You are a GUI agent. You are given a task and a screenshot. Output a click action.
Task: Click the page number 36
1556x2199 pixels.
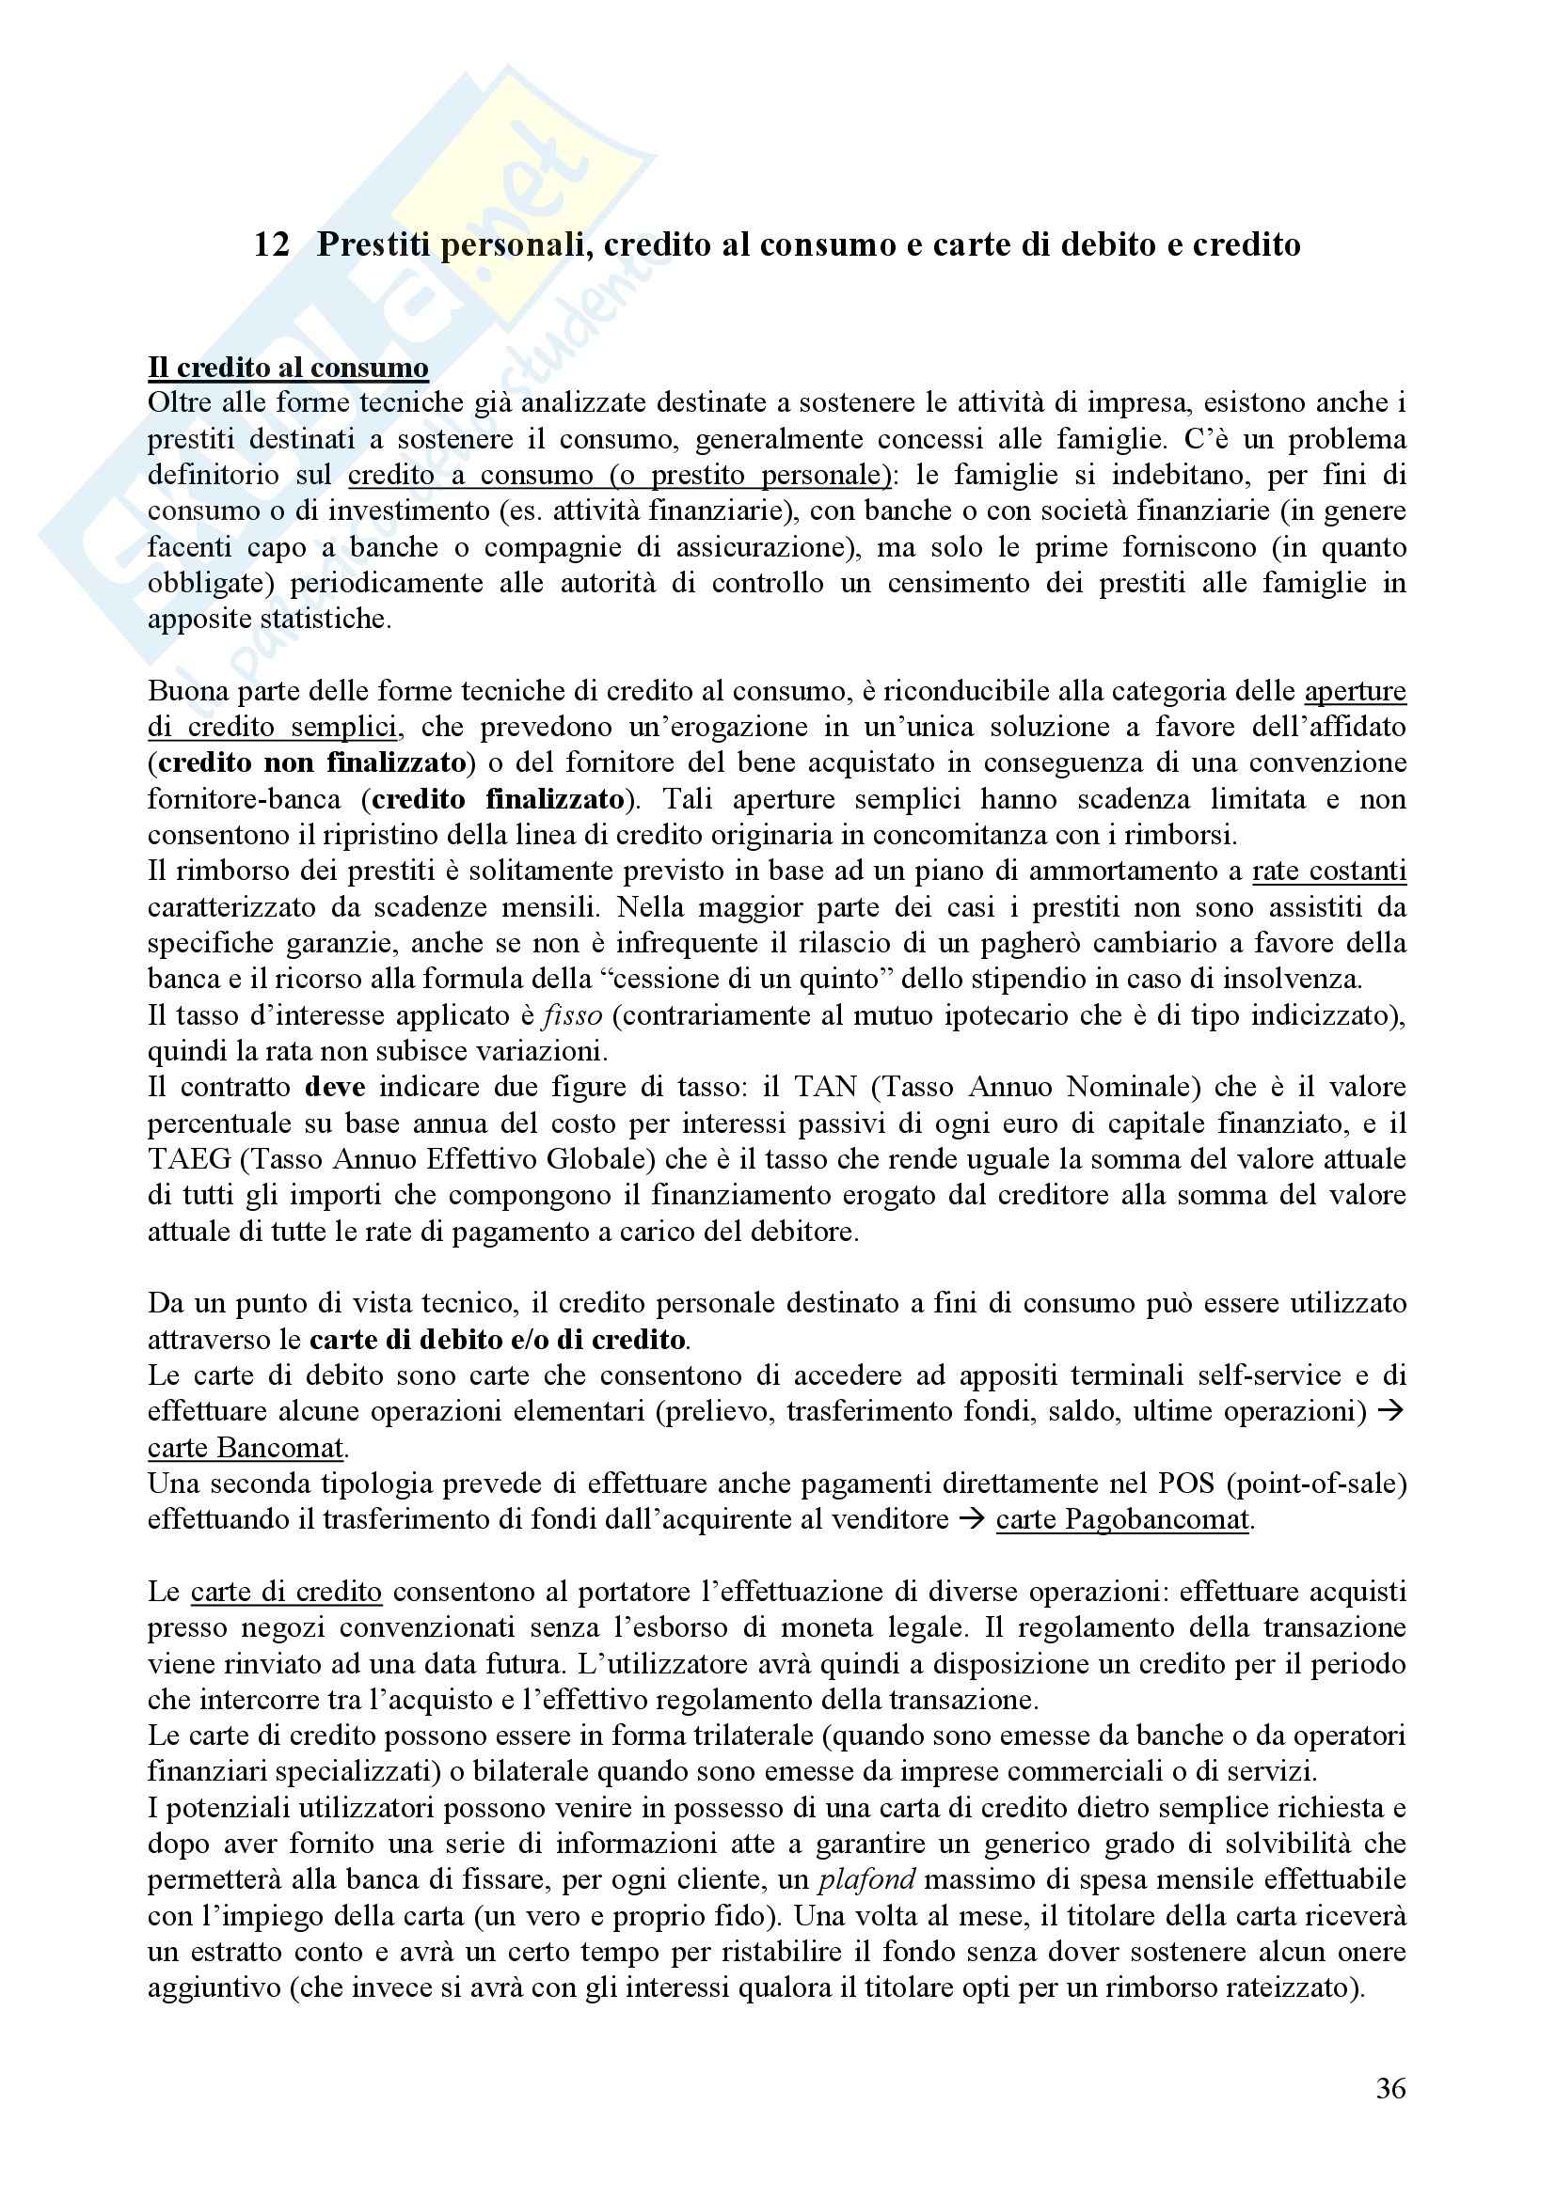(1390, 2088)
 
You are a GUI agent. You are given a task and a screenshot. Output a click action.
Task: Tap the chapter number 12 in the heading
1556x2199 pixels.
(272, 245)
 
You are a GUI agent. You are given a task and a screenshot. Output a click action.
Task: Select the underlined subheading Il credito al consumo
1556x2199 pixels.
(288, 368)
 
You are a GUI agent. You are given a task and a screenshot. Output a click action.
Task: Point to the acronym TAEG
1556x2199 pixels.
(190, 1160)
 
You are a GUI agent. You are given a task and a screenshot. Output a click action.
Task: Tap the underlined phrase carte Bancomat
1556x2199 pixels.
(246, 1447)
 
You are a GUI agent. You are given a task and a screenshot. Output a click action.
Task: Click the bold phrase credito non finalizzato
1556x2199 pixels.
(311, 763)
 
